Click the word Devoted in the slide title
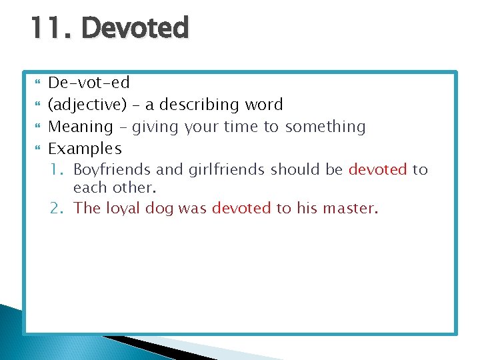[135, 28]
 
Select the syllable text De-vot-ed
[89, 83]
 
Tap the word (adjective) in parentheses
[91, 105]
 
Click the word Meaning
[81, 127]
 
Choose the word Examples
[85, 148]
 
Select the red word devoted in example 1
[377, 169]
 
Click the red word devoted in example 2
[241, 208]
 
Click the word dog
[159, 208]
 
